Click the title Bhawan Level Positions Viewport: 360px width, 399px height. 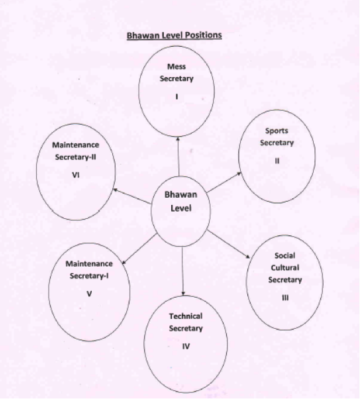(x=174, y=35)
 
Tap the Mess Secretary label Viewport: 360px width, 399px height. (x=176, y=73)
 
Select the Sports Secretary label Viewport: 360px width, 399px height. (x=276, y=137)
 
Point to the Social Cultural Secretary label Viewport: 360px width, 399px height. (x=285, y=268)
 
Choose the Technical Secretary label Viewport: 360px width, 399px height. (x=186, y=322)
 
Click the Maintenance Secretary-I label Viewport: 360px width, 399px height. (x=89, y=270)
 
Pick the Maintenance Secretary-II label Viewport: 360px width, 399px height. (x=75, y=150)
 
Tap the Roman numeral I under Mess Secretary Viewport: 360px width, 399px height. (x=176, y=97)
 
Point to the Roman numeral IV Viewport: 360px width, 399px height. (x=186, y=346)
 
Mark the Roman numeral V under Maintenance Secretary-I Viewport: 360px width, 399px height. (x=89, y=294)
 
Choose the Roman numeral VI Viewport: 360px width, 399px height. (x=75, y=174)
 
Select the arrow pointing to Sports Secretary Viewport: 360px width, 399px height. (x=224, y=181)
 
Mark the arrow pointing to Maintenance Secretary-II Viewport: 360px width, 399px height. (x=132, y=196)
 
